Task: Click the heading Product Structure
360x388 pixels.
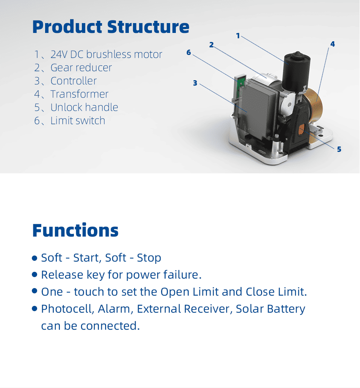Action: click(111, 27)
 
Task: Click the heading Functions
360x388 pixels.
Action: click(75, 230)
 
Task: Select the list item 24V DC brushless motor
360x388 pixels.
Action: click(98, 55)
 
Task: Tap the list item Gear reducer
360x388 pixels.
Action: click(73, 68)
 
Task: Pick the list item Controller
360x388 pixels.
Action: click(66, 81)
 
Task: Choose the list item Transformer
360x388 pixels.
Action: click(71, 94)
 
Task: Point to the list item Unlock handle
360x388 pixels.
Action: click(76, 108)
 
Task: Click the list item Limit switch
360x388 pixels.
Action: click(70, 121)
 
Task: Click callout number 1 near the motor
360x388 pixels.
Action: click(238, 36)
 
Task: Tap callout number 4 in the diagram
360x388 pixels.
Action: click(332, 44)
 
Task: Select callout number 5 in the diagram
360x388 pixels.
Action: click(339, 149)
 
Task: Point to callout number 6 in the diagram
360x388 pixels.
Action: click(188, 53)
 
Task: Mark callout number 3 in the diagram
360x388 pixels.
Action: click(195, 83)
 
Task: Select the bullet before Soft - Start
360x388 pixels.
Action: click(35, 258)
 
